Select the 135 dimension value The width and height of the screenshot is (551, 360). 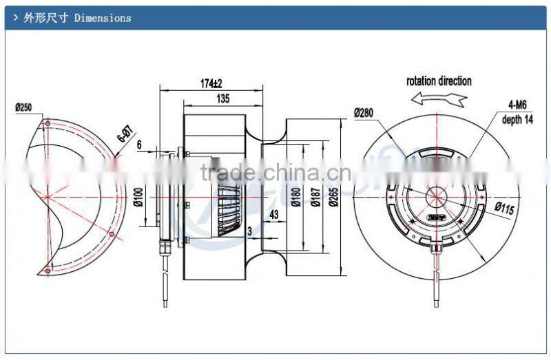pos(222,99)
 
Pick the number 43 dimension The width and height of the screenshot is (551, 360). pos(274,215)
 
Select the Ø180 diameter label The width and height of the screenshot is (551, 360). pos(296,198)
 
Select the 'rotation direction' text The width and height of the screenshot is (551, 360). pos(439,81)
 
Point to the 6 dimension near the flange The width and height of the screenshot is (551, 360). pos(139,145)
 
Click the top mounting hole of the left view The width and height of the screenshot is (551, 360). pos(47,124)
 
